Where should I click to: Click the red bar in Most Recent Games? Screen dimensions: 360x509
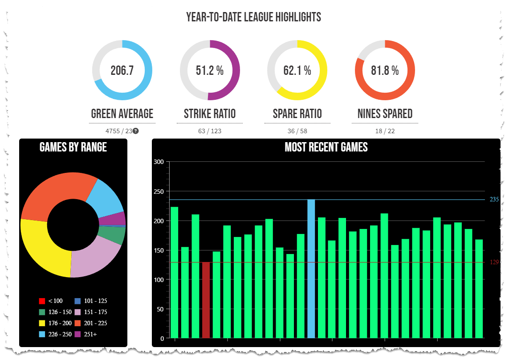(x=206, y=300)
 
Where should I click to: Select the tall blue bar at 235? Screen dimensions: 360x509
(x=311, y=268)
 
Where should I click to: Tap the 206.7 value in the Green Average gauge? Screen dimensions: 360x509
(x=122, y=70)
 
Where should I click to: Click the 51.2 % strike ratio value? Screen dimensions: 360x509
(x=210, y=70)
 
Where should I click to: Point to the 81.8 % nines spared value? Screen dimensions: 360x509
(x=385, y=70)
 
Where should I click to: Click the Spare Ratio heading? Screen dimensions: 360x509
(x=297, y=114)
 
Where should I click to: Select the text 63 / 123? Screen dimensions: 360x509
(x=210, y=131)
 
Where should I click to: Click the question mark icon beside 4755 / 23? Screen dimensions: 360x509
(x=136, y=131)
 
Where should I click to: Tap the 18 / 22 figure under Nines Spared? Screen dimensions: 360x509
(x=385, y=131)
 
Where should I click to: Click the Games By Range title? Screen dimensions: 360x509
(x=73, y=147)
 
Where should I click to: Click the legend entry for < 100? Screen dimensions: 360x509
(x=51, y=301)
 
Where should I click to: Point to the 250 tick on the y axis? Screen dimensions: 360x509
(x=158, y=191)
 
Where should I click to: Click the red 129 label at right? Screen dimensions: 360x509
(x=494, y=262)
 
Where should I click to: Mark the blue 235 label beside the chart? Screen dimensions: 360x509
(x=494, y=199)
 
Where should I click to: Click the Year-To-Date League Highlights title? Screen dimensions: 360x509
(x=254, y=17)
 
